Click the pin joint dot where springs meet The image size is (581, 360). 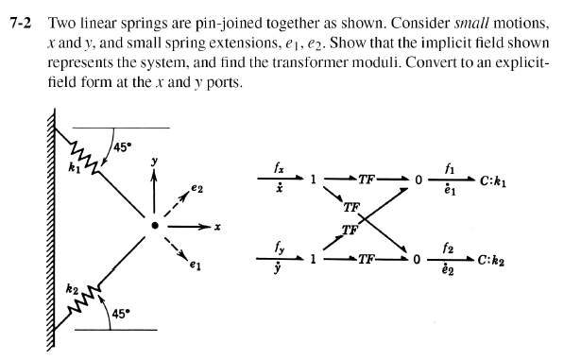[x=155, y=227]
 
